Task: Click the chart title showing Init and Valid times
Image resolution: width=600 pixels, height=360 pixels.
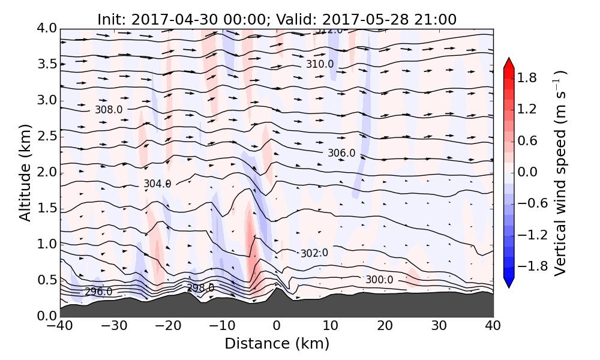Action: pyautogui.click(x=277, y=19)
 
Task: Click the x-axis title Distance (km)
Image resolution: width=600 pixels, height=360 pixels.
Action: pyautogui.click(x=277, y=344)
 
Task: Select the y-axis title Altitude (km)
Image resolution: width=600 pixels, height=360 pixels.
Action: pyautogui.click(x=25, y=173)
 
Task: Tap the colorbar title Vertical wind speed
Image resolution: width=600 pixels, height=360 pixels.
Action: pyautogui.click(x=560, y=173)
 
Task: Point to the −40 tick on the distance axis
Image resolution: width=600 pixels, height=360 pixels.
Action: pyautogui.click(x=60, y=326)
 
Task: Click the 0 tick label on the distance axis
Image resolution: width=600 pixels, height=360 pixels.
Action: pyautogui.click(x=277, y=326)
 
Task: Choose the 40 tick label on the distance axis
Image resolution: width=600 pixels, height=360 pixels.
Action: pyautogui.click(x=493, y=326)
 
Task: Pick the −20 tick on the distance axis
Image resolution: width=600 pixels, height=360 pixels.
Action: pyautogui.click(x=168, y=326)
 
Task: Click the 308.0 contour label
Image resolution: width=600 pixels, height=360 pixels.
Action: pyautogui.click(x=109, y=110)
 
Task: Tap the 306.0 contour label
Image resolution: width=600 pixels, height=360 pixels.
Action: pyautogui.click(x=341, y=154)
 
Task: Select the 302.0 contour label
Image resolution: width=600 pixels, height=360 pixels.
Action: pyautogui.click(x=314, y=253)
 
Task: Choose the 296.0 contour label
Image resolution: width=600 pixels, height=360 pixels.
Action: pyautogui.click(x=98, y=292)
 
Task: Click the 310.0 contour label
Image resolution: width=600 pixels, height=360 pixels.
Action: pyautogui.click(x=320, y=64)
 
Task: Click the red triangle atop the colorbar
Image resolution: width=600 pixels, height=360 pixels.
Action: pyautogui.click(x=509, y=63)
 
